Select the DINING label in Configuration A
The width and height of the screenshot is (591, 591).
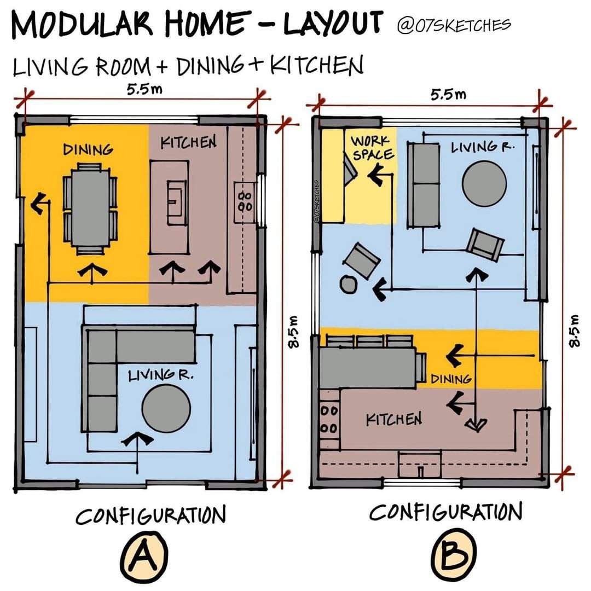coord(88,149)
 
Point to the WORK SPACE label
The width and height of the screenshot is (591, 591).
coord(373,148)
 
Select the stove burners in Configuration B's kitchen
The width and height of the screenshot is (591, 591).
coord(328,419)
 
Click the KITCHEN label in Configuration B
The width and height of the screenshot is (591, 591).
coord(394,420)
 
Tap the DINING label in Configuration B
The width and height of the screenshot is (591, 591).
coord(451,378)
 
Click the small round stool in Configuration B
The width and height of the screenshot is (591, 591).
coord(348,283)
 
